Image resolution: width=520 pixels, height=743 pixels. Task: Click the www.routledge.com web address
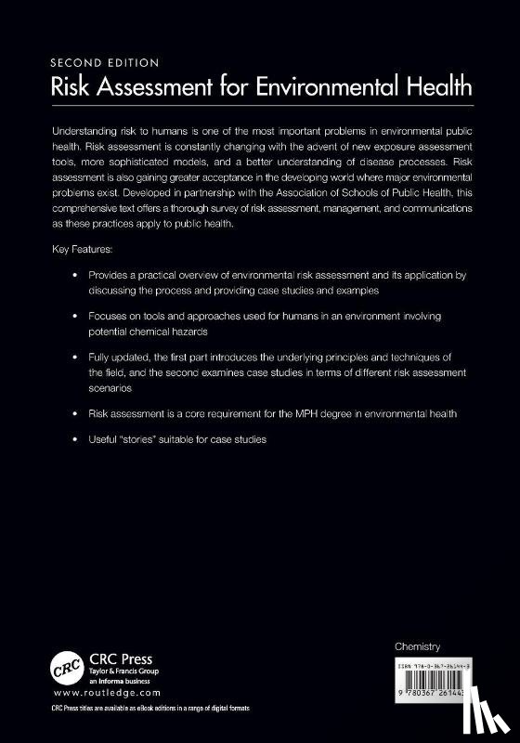pyautogui.click(x=106, y=693)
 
